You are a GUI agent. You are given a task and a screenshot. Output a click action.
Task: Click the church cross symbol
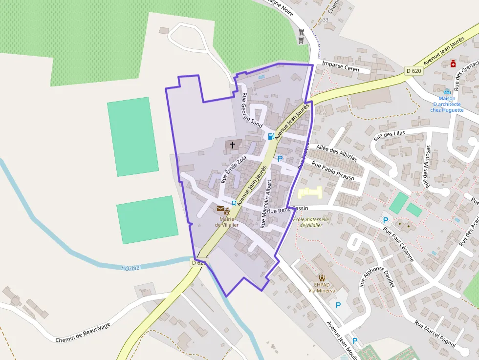click(232, 145)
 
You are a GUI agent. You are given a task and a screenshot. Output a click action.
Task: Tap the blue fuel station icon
click(271, 136)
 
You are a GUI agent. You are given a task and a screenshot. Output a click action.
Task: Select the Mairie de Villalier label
click(226, 222)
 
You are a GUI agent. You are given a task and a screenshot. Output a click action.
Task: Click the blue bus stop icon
click(234, 203)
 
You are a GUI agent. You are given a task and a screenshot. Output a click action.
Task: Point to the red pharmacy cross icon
click(453, 64)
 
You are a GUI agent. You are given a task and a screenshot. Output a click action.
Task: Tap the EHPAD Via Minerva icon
click(322, 278)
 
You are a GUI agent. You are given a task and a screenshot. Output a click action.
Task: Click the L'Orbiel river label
click(131, 268)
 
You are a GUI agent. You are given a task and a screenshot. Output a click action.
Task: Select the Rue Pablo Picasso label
click(332, 171)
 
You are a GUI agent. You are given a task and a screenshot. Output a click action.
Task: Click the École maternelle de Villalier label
click(311, 222)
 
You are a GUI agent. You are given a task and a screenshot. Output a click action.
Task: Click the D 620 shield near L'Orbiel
click(198, 263)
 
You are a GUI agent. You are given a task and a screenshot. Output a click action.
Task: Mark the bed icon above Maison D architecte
click(446, 91)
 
